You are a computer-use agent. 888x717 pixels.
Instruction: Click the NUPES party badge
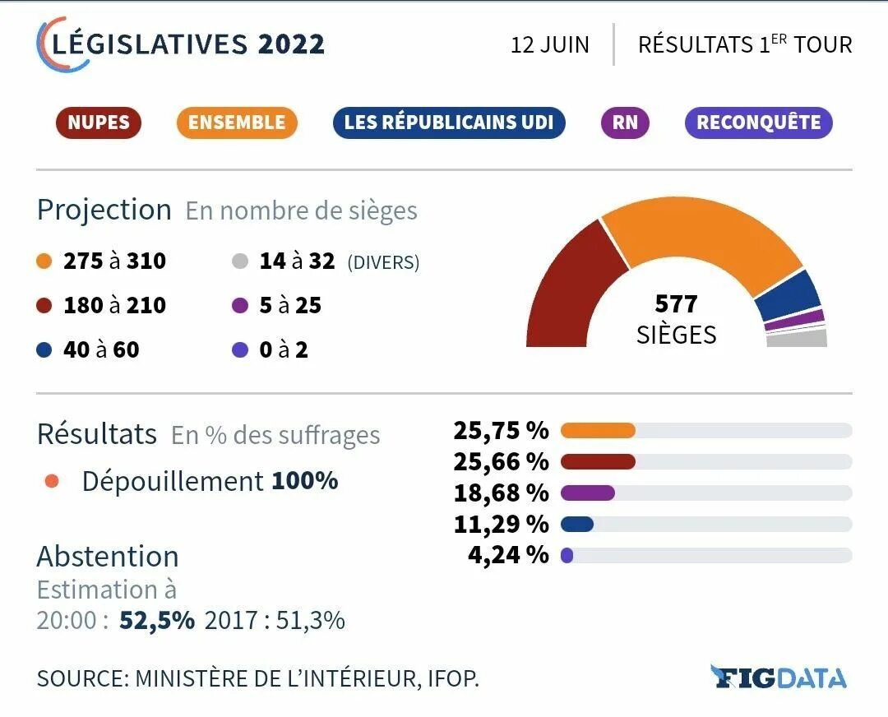99,123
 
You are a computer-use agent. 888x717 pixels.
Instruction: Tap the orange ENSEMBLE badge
237,123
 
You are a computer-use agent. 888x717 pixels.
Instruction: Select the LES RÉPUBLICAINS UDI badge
450,123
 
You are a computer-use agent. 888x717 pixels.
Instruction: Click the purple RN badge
625,123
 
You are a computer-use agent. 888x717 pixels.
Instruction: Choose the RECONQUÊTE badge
758,123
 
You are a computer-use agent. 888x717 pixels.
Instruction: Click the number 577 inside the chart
676,304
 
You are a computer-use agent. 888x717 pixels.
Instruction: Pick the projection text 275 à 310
114,261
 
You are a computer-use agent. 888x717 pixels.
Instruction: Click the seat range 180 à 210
114,306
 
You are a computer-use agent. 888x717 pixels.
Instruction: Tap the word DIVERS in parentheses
383,263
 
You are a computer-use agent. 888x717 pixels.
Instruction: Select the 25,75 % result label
500,430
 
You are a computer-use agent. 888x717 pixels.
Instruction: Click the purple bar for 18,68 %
588,493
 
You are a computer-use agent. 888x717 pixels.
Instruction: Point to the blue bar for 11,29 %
577,524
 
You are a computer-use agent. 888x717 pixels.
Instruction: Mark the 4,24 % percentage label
507,555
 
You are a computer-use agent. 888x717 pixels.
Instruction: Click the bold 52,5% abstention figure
157,620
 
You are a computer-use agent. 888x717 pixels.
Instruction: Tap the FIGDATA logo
778,678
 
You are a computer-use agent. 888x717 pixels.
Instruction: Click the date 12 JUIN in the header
549,44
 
